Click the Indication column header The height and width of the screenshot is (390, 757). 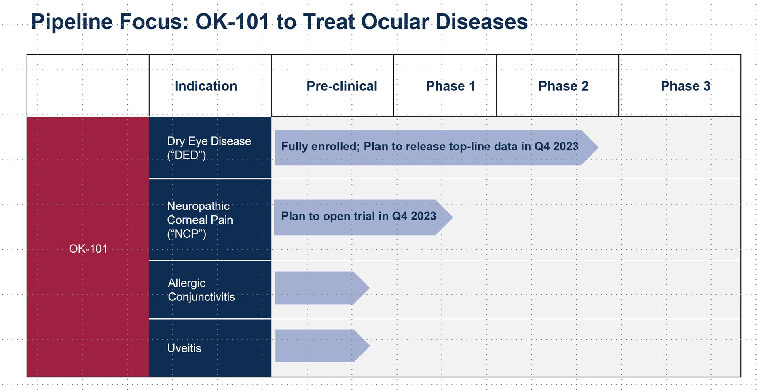(x=205, y=86)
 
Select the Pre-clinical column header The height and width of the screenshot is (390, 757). (x=342, y=86)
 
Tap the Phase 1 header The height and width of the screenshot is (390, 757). (x=450, y=86)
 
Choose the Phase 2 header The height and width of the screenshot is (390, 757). (x=563, y=86)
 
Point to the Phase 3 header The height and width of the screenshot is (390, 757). (x=685, y=86)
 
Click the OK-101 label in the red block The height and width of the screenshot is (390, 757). (x=88, y=249)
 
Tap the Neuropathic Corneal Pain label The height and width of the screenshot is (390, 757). (x=200, y=220)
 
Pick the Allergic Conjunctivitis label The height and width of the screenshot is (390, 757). (x=201, y=290)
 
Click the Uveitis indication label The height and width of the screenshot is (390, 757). (x=184, y=348)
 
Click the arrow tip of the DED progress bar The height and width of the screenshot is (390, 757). (x=598, y=147)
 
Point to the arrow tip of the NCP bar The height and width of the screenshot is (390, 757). (x=453, y=217)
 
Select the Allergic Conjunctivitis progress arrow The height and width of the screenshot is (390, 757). (x=322, y=288)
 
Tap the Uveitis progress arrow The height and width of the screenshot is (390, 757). (x=322, y=346)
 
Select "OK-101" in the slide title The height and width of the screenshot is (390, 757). (x=233, y=21)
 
